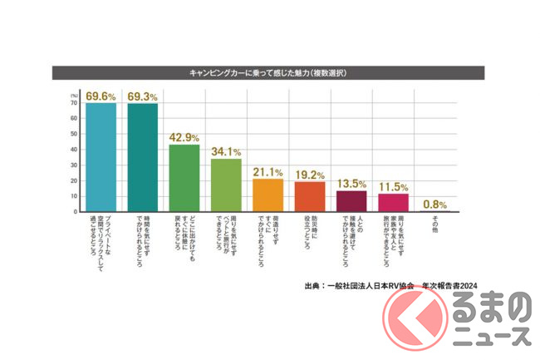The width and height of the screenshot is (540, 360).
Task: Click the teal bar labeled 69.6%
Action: click(100, 157)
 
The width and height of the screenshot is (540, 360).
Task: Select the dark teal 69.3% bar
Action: click(142, 157)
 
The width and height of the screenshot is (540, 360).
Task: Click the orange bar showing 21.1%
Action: click(268, 195)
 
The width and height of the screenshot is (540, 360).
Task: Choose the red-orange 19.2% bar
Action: click(310, 196)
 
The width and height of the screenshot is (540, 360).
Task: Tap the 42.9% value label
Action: click(184, 137)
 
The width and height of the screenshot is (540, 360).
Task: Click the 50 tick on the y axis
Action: click(75, 133)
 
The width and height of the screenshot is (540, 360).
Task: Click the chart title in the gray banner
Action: click(271, 72)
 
